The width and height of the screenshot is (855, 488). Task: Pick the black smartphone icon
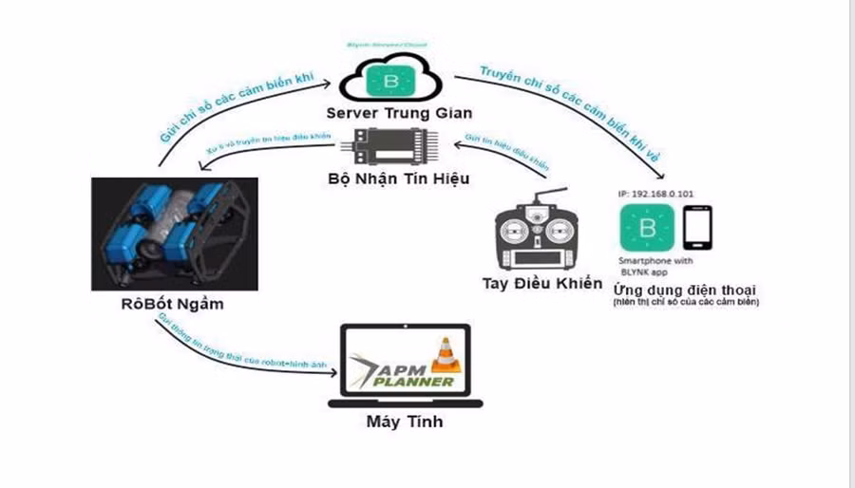(699, 228)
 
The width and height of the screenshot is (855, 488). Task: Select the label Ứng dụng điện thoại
(690, 289)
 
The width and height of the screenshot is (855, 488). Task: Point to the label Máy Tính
(404, 422)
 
